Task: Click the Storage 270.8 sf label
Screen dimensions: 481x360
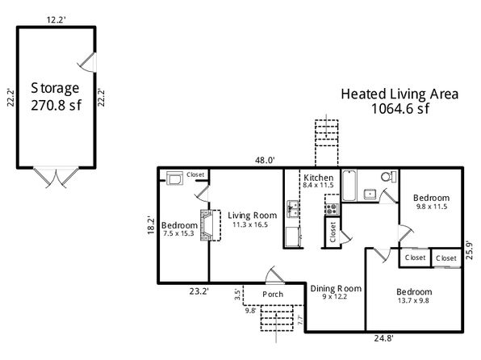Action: click(55, 97)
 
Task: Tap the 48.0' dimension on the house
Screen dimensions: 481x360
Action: click(265, 160)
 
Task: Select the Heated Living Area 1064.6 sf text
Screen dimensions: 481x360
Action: click(399, 101)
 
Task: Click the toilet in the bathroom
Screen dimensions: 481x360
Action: click(388, 177)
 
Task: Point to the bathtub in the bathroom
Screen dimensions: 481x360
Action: click(349, 186)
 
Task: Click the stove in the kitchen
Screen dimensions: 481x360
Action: click(332, 209)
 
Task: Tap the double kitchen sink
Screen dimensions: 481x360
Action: click(293, 209)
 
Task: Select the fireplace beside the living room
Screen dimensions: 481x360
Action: click(210, 225)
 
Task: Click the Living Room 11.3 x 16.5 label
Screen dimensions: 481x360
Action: click(252, 220)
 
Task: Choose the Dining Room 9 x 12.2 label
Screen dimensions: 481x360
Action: click(336, 292)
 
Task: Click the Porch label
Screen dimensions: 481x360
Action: click(273, 294)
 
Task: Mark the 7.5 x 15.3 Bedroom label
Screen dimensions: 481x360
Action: click(179, 229)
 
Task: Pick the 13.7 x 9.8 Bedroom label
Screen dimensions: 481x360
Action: click(414, 296)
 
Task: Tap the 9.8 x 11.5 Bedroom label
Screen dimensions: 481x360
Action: click(431, 202)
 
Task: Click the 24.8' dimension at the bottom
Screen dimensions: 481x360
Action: click(384, 338)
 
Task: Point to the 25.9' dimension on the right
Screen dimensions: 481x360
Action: click(470, 250)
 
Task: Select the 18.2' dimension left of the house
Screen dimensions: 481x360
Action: click(151, 226)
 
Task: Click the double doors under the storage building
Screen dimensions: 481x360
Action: click(56, 178)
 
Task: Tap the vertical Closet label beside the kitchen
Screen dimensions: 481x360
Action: click(333, 232)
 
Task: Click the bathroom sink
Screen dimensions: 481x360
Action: click(370, 194)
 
